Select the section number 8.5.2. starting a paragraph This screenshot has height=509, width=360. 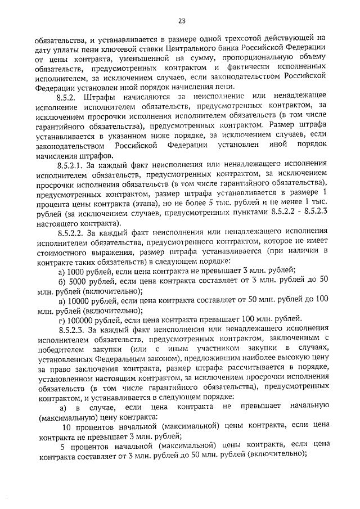[x=69, y=97]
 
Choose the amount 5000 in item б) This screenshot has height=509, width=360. [x=77, y=281]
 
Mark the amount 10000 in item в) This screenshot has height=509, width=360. [x=79, y=300]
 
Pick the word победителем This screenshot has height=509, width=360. [x=60, y=349]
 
